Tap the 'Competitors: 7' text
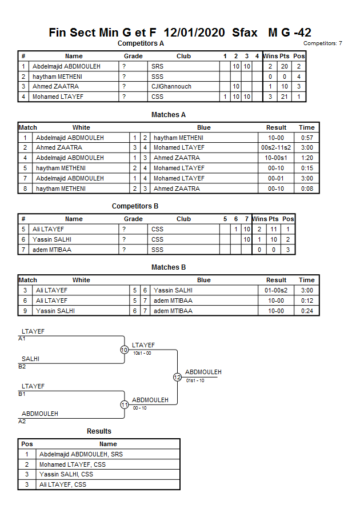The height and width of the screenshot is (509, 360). click(x=322, y=43)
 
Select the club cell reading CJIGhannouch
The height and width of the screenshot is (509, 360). click(x=171, y=87)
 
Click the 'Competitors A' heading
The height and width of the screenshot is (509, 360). click(x=141, y=43)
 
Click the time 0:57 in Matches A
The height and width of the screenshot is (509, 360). click(x=307, y=138)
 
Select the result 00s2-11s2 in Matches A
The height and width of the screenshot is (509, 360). click(x=277, y=148)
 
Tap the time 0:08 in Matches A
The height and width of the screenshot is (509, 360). click(x=307, y=189)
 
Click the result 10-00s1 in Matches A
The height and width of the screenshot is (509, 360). click(x=277, y=158)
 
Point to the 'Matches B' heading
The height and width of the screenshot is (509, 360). click(x=169, y=267)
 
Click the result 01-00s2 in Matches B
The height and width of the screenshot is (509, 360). click(x=277, y=290)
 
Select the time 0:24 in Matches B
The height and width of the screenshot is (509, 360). click(x=307, y=311)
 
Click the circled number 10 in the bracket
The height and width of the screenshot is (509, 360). click(x=124, y=350)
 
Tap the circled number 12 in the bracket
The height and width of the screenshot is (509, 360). click(x=177, y=377)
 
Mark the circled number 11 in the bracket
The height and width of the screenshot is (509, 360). click(x=124, y=404)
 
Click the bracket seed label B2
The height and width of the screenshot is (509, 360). click(x=22, y=367)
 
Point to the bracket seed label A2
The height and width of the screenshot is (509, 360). click(x=22, y=421)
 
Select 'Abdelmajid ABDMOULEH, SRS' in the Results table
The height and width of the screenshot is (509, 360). click(x=81, y=455)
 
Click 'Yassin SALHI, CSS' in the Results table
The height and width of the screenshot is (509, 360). click(x=66, y=475)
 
